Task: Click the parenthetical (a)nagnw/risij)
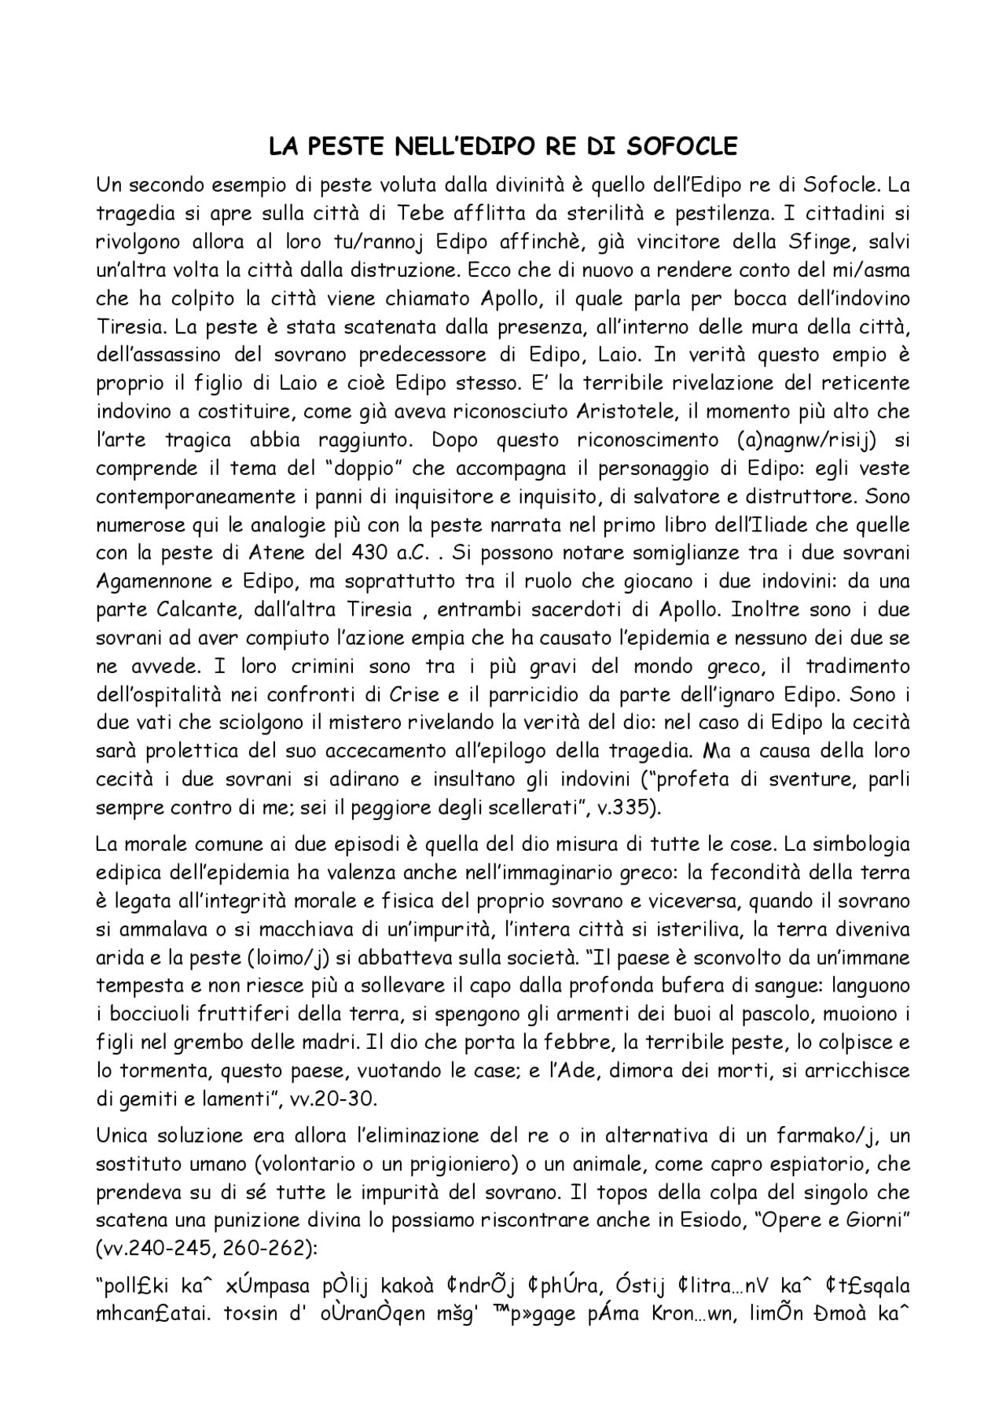[810, 440]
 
